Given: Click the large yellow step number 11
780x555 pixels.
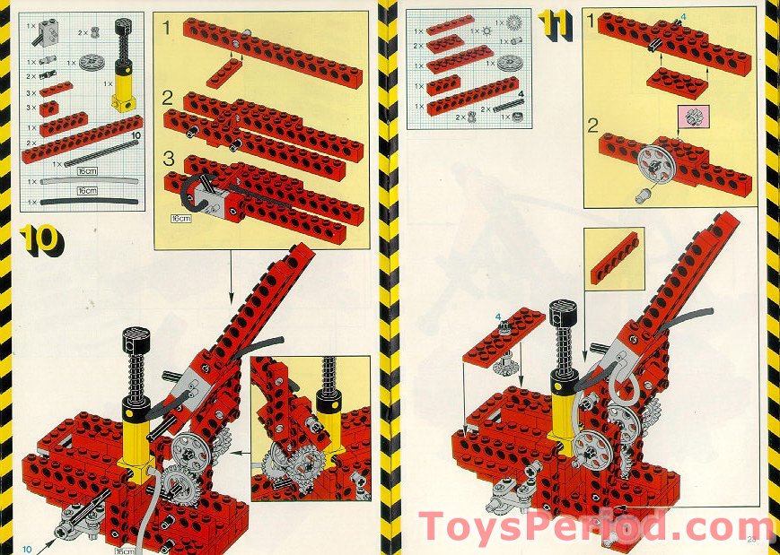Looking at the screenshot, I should click(555, 27).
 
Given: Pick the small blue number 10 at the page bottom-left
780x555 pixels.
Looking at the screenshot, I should click(26, 548).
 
